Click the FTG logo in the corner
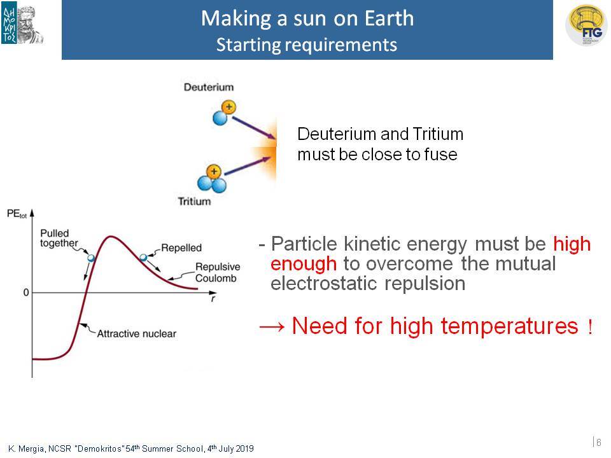[586, 25]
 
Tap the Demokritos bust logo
[23, 24]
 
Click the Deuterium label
[209, 87]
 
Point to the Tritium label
[194, 201]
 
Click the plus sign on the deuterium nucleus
[228, 107]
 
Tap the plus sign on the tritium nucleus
[214, 171]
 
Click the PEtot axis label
[17, 214]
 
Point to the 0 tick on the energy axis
[26, 292]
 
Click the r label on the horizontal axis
[213, 299]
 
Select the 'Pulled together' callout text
[59, 238]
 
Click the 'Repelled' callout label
[181, 247]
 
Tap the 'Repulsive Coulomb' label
[218, 272]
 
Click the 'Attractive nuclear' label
[136, 334]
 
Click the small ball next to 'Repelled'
[143, 258]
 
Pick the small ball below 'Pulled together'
[91, 258]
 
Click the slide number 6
[599, 443]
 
